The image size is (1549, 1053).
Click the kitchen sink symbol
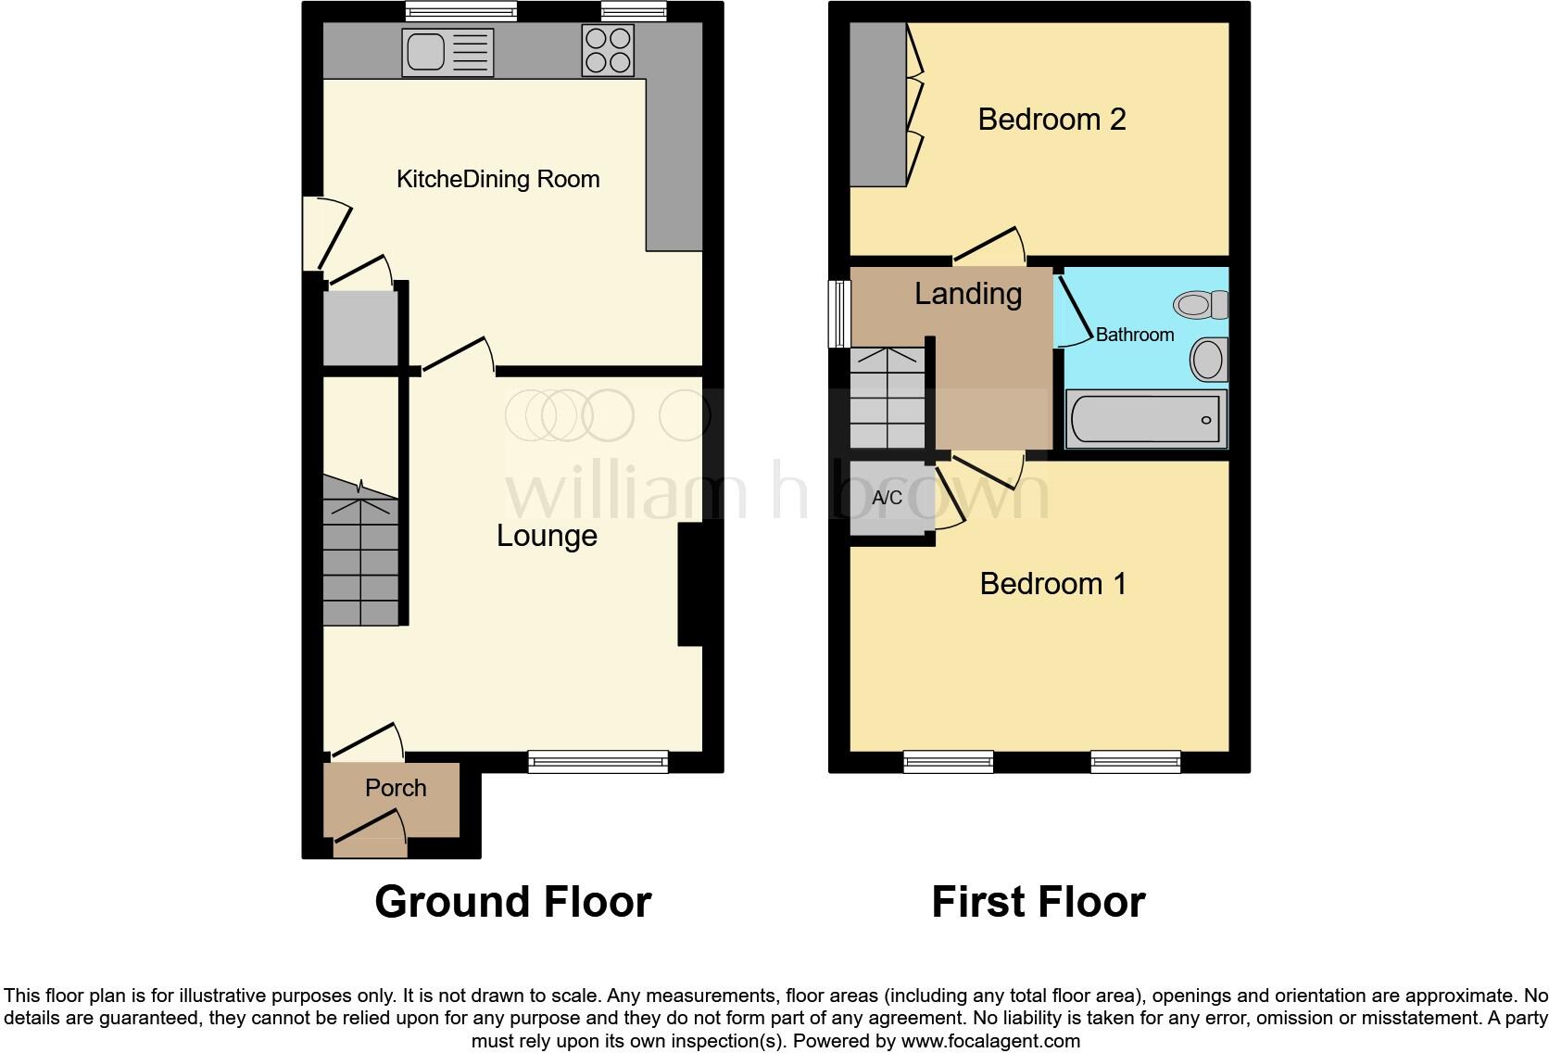[x=447, y=52]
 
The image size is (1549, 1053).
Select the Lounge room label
[x=547, y=536]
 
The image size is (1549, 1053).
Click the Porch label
[x=396, y=788]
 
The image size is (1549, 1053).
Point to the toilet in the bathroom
[x=1202, y=304]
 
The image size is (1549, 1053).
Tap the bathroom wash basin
[x=1209, y=360]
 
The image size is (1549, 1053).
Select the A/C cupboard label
[x=887, y=498]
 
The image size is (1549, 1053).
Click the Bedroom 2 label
[x=1052, y=120]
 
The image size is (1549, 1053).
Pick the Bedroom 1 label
[x=1053, y=584]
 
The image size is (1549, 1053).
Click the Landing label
[x=968, y=294]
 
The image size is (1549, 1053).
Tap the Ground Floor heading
[x=513, y=902]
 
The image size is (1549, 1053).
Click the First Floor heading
[x=1038, y=902]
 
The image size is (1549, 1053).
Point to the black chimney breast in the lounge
[x=690, y=584]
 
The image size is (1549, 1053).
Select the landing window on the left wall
[x=840, y=313]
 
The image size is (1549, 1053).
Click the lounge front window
[x=598, y=762]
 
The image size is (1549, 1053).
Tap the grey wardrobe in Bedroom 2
[x=877, y=104]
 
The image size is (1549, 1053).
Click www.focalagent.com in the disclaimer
[x=990, y=1041]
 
